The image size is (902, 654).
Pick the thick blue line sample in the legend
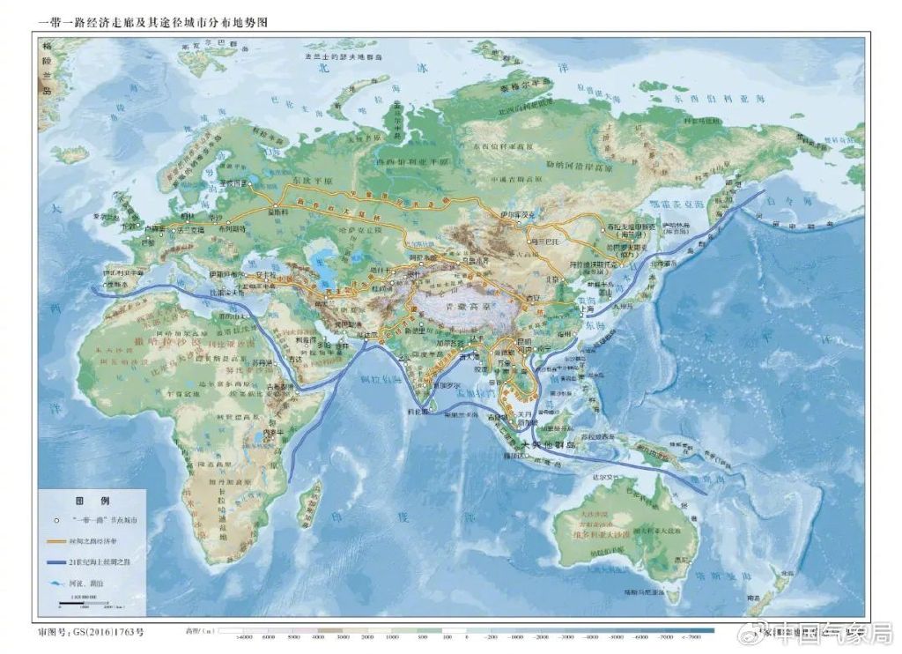coord(57,562)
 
